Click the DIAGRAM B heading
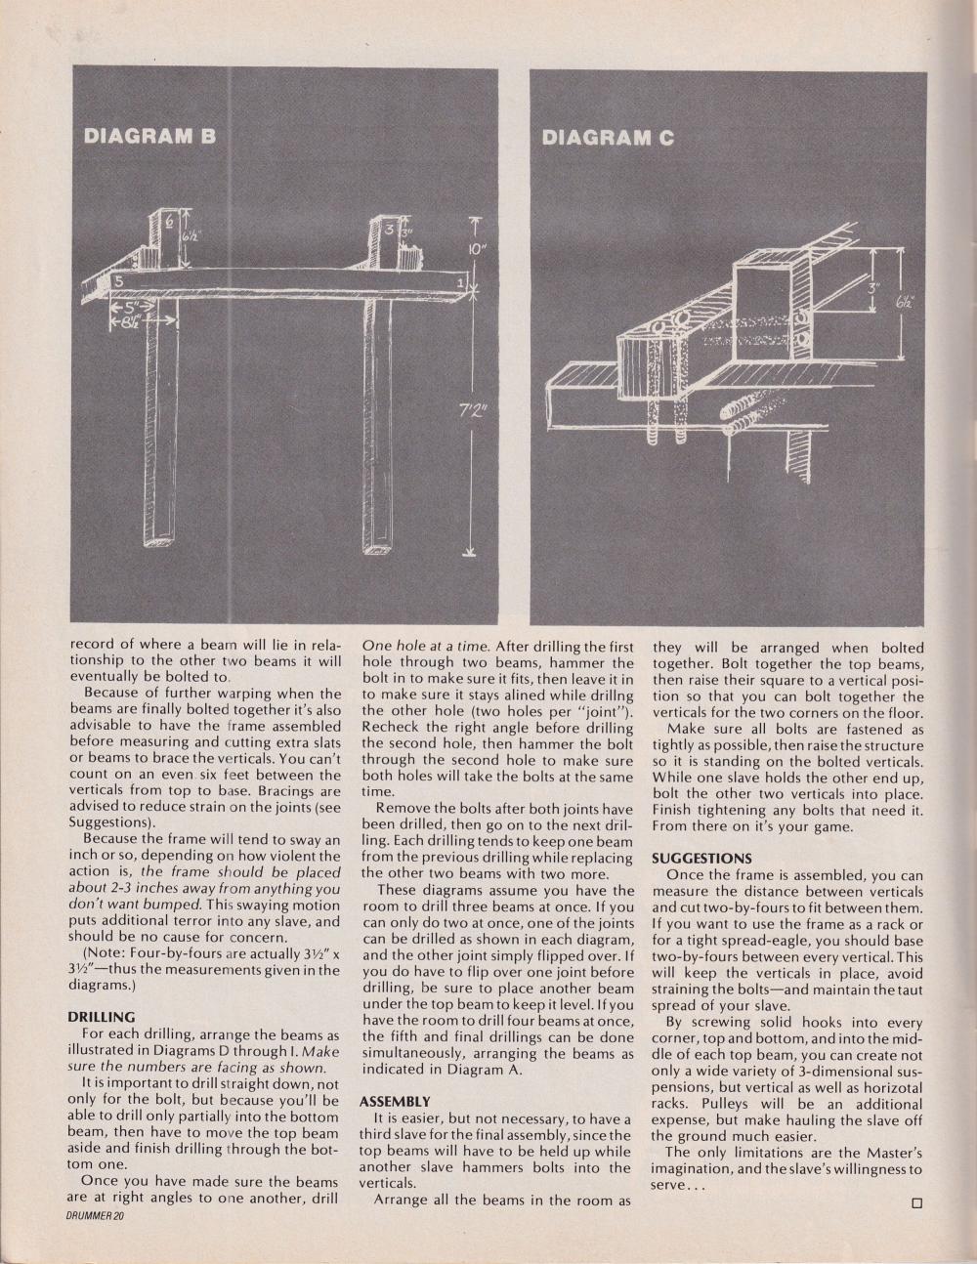pos(149,137)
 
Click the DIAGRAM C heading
pos(608,138)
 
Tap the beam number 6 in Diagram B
pos(167,224)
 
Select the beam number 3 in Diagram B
pos(389,231)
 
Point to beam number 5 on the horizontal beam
pos(117,280)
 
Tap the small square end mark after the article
pos(917,1203)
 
